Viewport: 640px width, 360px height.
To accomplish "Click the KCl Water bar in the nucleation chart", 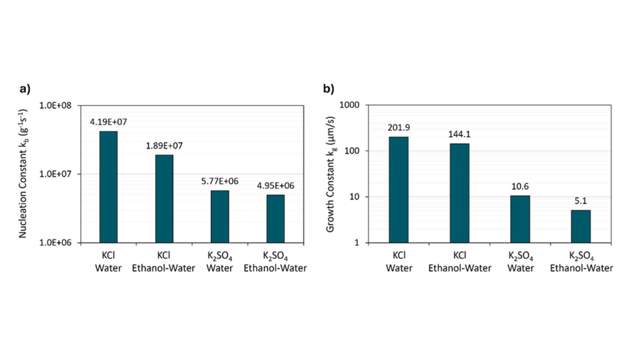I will coord(108,187).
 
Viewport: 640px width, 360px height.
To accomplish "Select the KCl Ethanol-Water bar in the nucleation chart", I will coord(164,199).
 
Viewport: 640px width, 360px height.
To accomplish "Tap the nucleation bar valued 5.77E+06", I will coord(219,216).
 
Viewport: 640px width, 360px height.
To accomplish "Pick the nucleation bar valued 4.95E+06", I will coord(275,219).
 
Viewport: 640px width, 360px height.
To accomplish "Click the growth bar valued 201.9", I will coord(399,190).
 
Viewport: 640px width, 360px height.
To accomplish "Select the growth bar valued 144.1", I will coord(459,193).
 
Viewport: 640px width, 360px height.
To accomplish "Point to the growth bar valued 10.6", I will coord(520,219).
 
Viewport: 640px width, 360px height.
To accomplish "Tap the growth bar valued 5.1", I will coord(581,226).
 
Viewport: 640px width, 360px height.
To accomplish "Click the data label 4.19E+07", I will coord(109,122).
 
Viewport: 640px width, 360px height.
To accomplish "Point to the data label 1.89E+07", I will coord(164,146).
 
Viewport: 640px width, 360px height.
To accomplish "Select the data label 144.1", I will coord(459,134).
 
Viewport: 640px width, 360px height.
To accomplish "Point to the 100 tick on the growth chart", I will coord(353,151).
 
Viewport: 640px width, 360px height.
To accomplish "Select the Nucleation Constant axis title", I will coord(23,173).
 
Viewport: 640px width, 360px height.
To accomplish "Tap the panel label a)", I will coord(25,89).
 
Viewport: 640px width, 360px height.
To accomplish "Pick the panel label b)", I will coord(329,89).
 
